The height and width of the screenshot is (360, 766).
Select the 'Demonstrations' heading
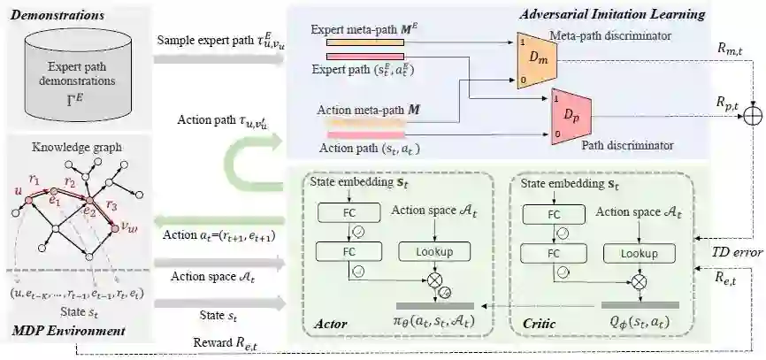51,16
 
